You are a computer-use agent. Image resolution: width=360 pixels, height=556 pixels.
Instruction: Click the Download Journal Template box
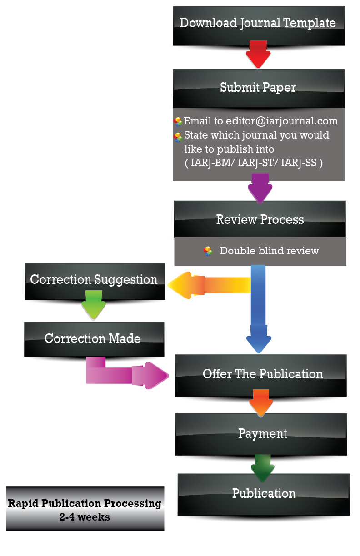coord(258,23)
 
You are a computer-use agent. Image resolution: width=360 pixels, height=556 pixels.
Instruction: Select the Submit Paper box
coord(258,87)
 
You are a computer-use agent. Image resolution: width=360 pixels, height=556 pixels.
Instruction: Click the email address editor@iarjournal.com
coord(260,121)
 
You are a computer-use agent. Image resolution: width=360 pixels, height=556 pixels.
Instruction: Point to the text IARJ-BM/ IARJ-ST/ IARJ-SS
coord(254,163)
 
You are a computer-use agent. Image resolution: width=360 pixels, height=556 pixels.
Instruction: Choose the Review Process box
coord(260,220)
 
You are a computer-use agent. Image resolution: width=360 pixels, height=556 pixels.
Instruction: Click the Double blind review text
coord(269,251)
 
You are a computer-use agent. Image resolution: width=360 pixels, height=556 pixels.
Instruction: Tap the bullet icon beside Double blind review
coord(208,251)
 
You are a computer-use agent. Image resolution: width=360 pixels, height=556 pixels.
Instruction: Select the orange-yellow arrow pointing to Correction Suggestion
coord(209,285)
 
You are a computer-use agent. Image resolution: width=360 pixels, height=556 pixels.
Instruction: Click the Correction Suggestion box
coord(94,280)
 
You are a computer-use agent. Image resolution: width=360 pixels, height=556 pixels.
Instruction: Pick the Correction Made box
coord(93,339)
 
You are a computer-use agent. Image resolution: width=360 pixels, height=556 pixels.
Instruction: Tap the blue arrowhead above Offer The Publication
coord(259,343)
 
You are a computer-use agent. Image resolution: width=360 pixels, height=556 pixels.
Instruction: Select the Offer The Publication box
coord(262,374)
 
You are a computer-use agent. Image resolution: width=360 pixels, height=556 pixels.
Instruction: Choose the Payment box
coord(262,433)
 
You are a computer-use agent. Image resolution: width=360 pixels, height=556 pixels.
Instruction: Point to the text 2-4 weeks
coord(85,517)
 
